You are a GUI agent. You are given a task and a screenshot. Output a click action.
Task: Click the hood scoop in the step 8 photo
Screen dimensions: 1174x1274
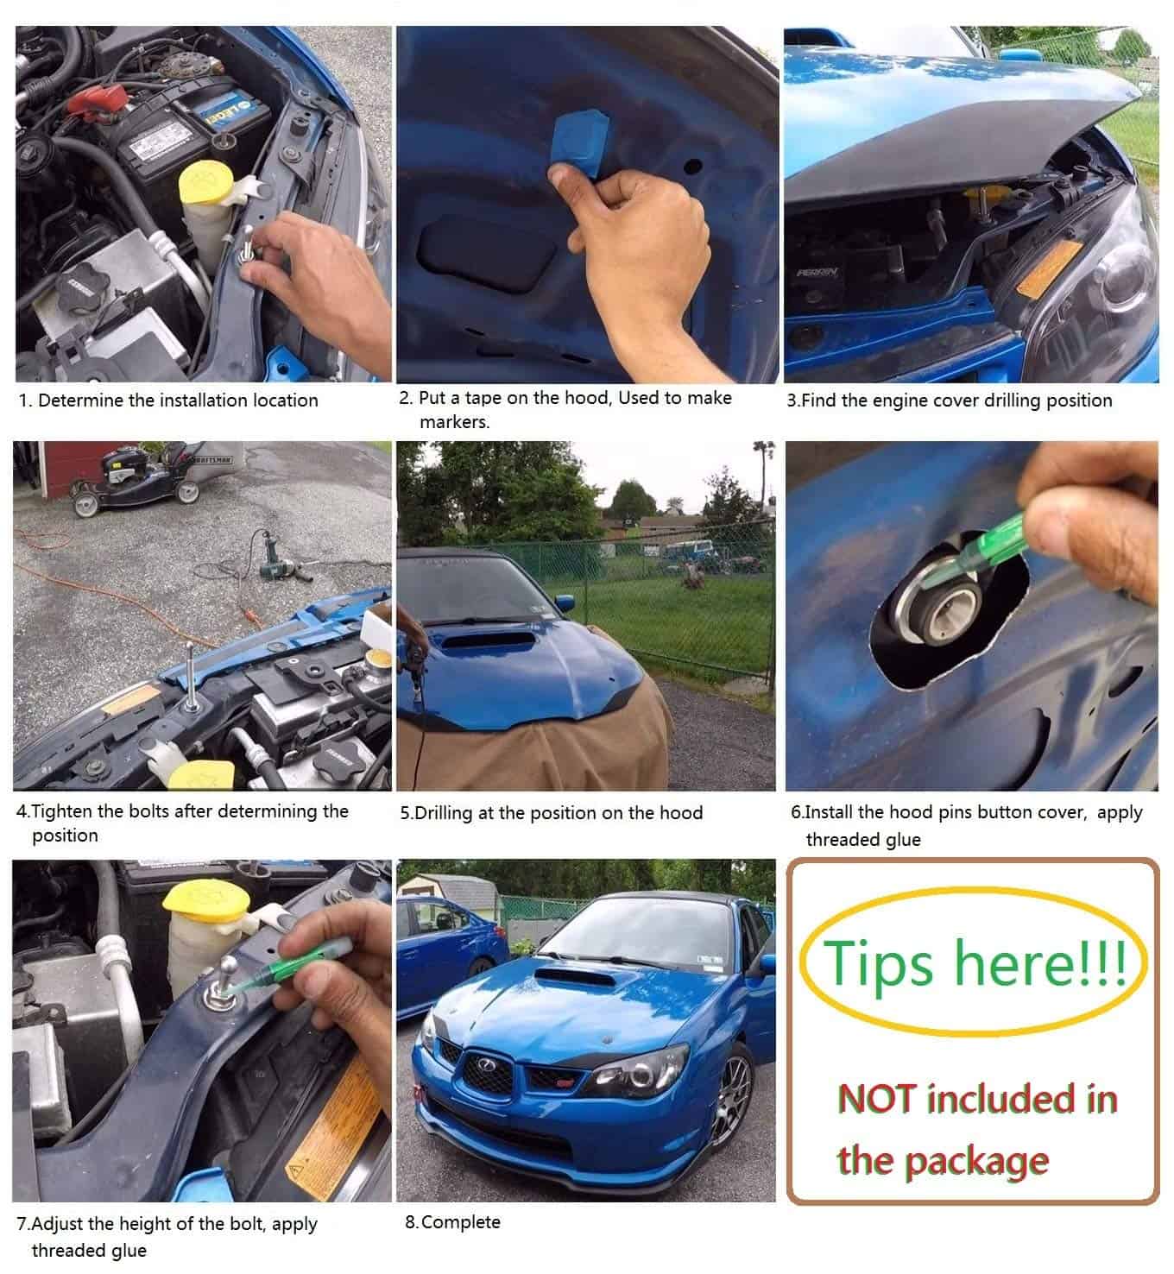[x=575, y=977]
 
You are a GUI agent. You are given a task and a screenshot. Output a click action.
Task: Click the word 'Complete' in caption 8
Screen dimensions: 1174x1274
[x=461, y=1222]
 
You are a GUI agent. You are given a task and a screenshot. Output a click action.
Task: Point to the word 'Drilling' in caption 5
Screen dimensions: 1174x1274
[x=443, y=814]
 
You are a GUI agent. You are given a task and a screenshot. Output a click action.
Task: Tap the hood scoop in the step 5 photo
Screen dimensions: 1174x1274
[x=489, y=640]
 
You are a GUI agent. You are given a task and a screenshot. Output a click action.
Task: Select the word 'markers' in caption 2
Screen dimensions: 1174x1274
[x=453, y=422]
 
